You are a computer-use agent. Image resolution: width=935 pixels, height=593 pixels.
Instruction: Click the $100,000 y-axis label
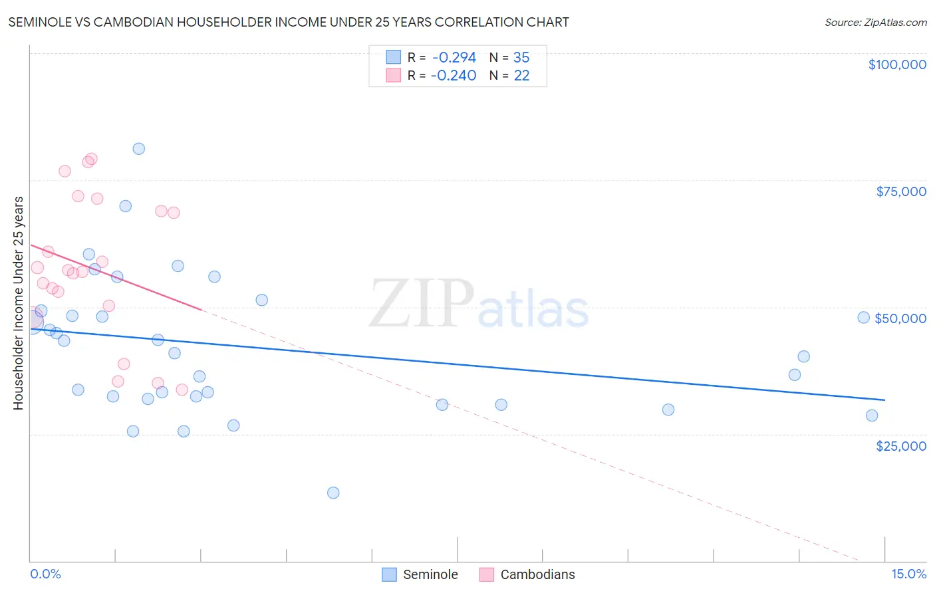(896, 64)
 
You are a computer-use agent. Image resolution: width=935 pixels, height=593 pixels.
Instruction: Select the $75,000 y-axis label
(900, 191)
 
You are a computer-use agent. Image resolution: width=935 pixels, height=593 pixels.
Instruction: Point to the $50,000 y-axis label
(900, 318)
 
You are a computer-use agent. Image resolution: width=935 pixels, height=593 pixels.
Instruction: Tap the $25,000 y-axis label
(900, 445)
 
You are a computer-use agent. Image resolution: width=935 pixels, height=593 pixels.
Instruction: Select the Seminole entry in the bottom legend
(430, 574)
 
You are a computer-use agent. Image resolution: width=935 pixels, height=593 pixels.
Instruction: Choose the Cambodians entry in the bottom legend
(537, 574)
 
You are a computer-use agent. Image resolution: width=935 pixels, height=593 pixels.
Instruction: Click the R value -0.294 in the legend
(454, 58)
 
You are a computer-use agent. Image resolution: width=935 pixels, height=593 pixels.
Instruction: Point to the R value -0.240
(454, 76)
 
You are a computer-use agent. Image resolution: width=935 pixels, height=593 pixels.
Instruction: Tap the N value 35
(521, 58)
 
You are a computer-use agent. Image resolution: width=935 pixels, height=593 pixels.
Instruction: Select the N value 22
(521, 76)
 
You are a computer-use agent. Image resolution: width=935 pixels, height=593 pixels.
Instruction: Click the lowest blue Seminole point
(333, 493)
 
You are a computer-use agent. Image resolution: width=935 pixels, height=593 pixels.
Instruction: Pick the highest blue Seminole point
(138, 149)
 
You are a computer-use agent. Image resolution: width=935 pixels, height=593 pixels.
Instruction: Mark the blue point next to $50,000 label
(863, 318)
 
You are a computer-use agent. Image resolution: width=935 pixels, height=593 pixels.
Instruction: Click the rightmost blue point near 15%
(872, 415)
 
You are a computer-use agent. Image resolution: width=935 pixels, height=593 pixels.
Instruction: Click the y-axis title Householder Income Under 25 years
(19, 302)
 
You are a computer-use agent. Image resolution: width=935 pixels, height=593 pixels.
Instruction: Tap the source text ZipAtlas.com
(875, 23)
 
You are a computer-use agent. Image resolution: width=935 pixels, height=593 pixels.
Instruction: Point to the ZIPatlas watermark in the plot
(479, 304)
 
